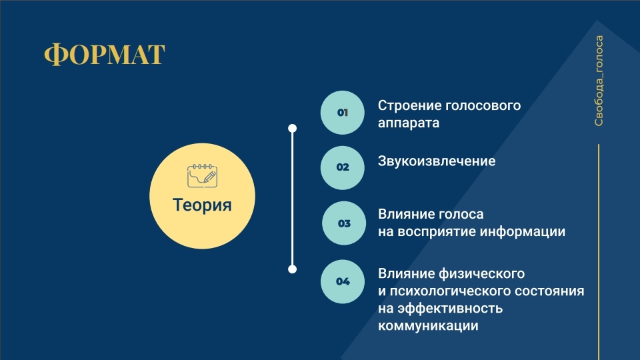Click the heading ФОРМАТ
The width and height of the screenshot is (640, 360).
[105, 54]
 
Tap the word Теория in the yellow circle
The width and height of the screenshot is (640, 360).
[202, 205]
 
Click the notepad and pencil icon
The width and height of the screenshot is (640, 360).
[202, 176]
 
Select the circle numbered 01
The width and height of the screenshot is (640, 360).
[343, 113]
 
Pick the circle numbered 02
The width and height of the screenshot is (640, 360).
[343, 167]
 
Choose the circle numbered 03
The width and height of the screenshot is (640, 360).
[344, 223]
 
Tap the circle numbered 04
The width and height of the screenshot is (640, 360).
[343, 281]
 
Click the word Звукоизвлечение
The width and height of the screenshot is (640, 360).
[437, 161]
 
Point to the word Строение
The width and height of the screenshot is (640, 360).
[409, 106]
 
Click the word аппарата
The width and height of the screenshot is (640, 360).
[409, 123]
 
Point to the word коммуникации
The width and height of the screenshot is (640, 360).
[428, 326]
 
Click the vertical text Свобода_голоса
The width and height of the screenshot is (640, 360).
[599, 81]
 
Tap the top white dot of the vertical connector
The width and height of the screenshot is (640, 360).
[292, 128]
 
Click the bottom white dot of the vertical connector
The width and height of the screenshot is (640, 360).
[292, 269]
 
